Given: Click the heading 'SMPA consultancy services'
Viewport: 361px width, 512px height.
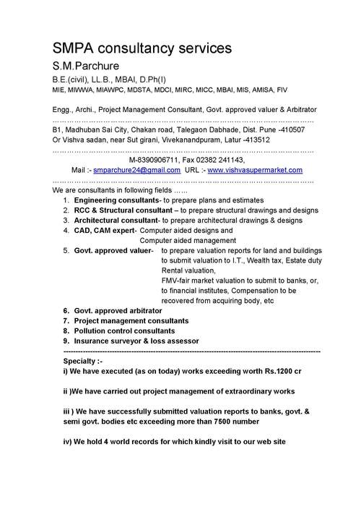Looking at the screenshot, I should coord(142,48).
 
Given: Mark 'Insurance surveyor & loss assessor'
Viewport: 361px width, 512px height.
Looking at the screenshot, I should coord(136,340).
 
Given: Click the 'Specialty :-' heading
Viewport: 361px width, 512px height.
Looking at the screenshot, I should coord(83,359).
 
